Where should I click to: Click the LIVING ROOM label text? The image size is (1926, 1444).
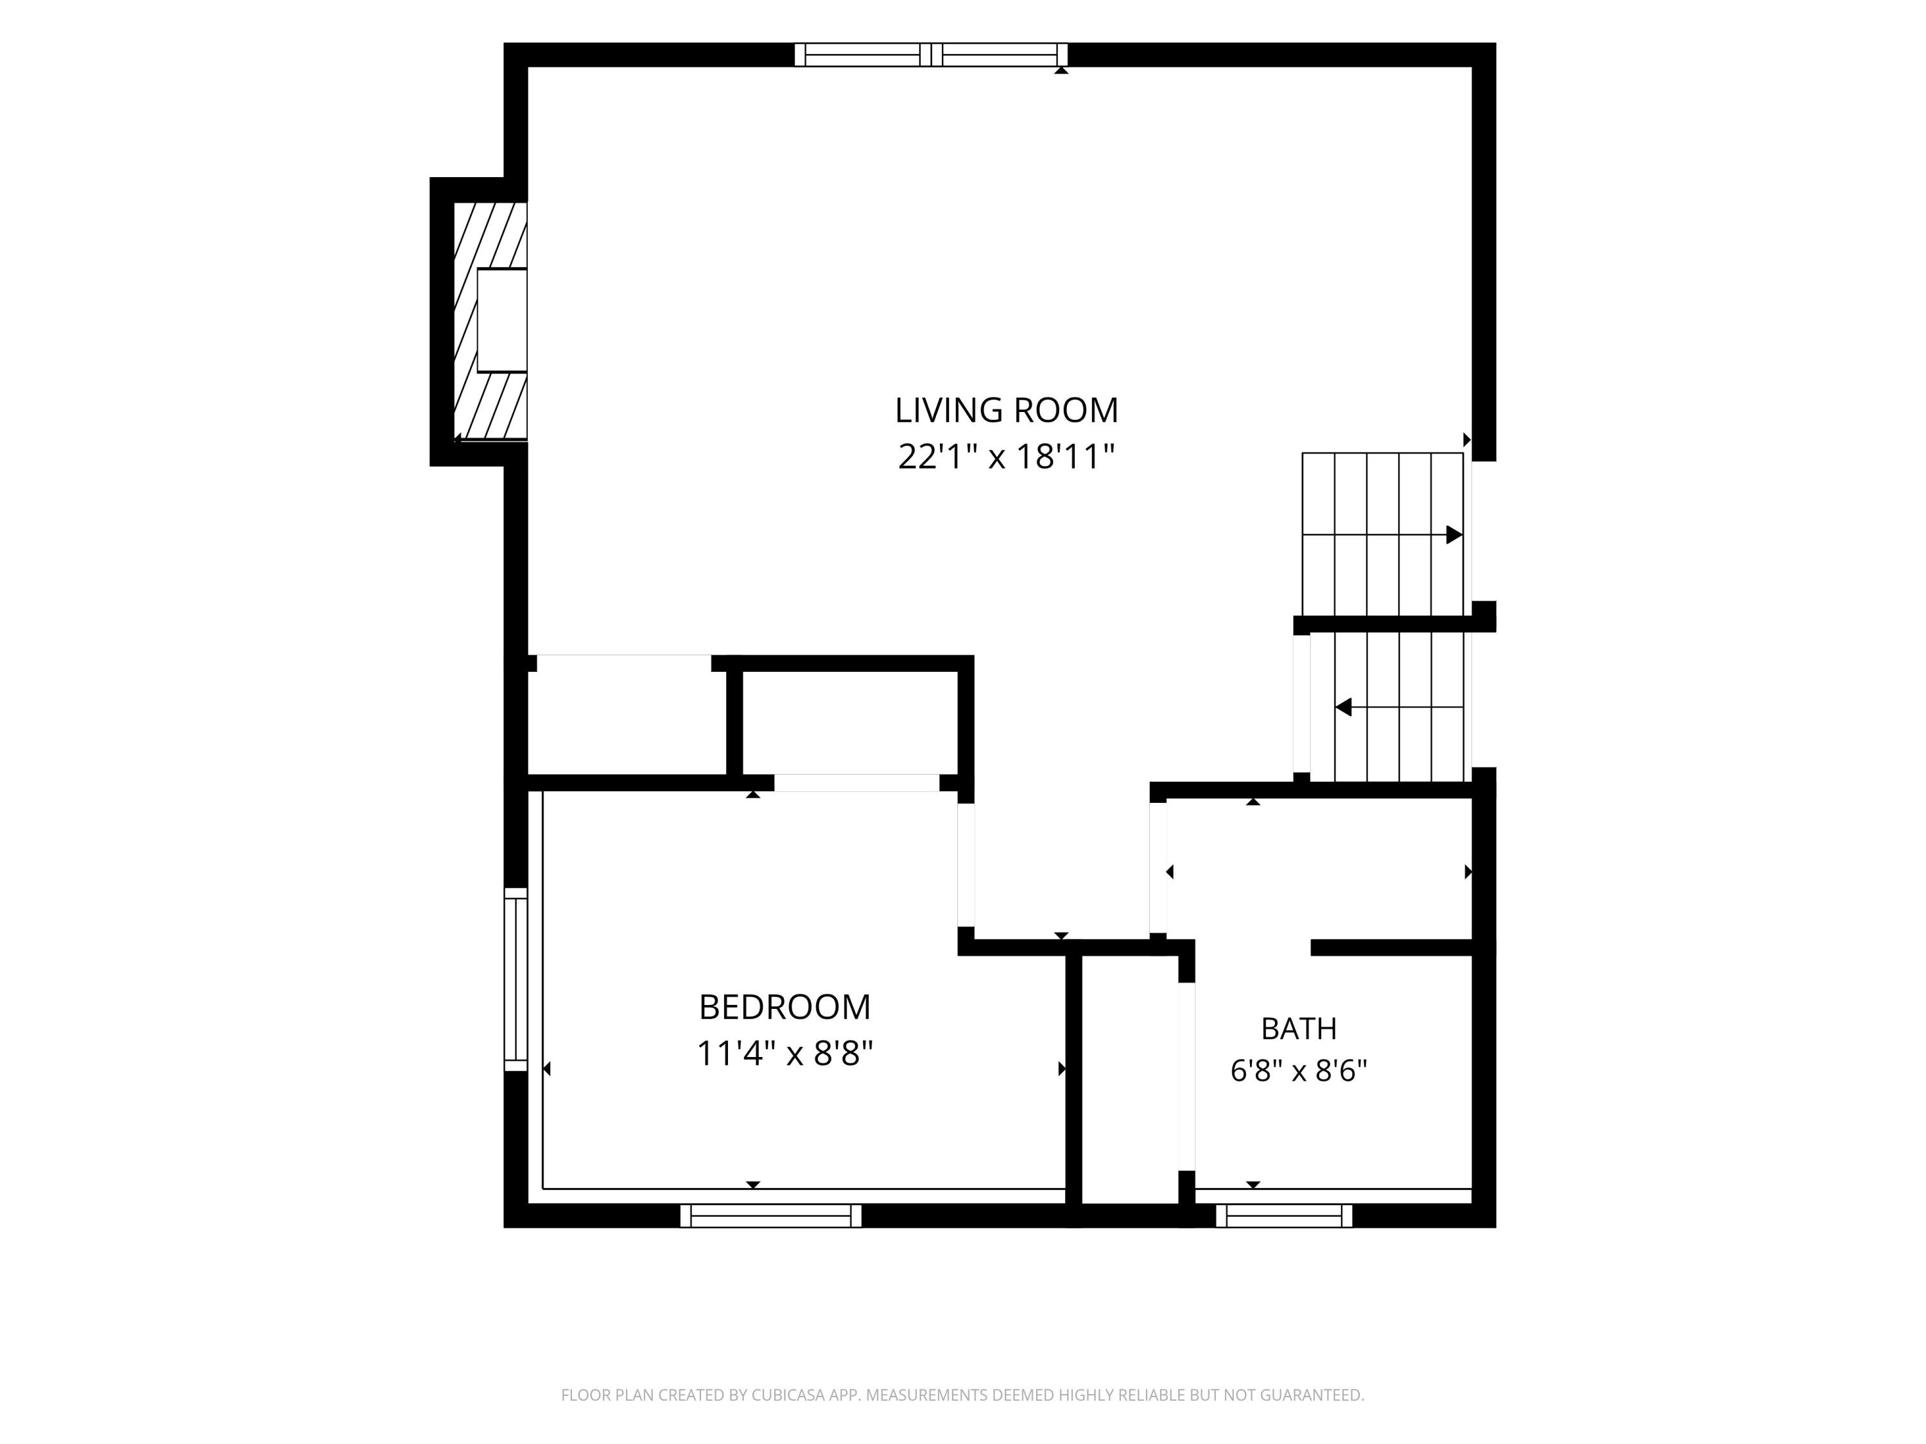[1007, 410]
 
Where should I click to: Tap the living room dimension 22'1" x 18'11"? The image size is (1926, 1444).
[1007, 456]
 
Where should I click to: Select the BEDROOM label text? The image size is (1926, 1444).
[785, 1007]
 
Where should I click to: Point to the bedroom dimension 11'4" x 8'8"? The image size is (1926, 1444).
[785, 1053]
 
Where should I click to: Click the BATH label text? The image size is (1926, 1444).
[1298, 1029]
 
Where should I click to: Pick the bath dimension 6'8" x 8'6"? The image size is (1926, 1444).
[1298, 1070]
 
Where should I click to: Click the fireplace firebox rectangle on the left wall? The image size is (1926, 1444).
[501, 320]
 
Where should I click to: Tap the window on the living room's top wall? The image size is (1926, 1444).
[931, 55]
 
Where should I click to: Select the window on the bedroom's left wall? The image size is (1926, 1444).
[516, 979]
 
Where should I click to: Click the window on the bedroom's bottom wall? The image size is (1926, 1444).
[770, 1216]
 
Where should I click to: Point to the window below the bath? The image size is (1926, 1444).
[1284, 1216]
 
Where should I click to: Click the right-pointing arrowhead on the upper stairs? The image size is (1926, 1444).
[1454, 535]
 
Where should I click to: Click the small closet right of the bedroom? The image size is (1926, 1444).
[1130, 1079]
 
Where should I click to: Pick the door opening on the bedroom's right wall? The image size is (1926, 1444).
[966, 864]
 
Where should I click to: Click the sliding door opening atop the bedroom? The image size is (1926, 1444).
[857, 782]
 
